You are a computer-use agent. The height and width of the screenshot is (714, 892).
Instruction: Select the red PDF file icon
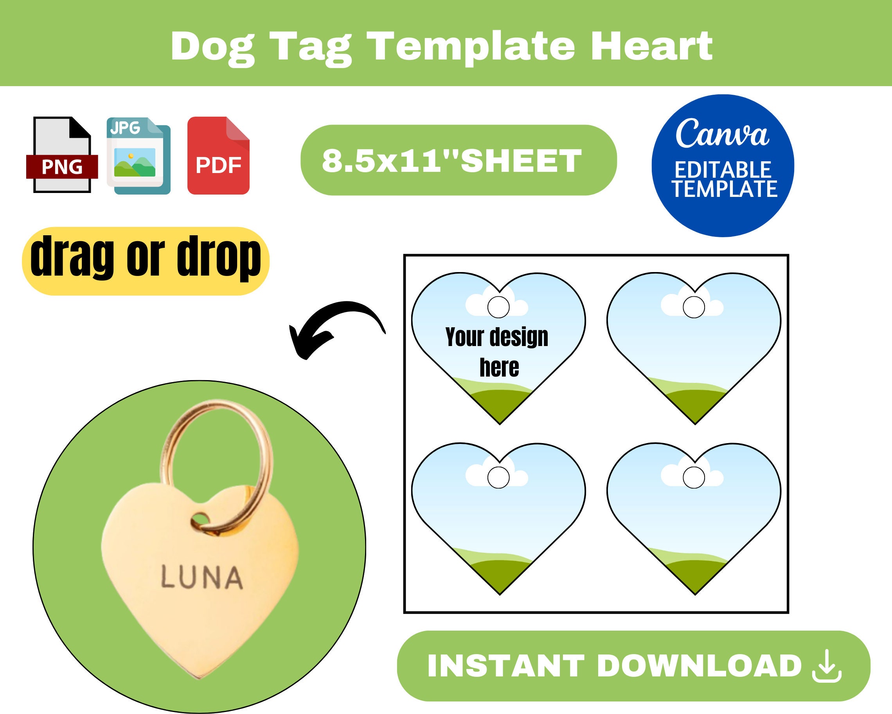click(x=218, y=156)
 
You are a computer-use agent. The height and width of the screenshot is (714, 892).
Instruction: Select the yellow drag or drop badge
click(x=146, y=260)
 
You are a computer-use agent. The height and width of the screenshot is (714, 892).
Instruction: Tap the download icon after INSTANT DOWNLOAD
click(x=827, y=666)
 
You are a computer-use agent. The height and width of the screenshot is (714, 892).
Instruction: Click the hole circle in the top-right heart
click(x=694, y=307)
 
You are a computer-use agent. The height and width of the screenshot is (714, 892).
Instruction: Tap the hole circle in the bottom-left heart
click(x=498, y=477)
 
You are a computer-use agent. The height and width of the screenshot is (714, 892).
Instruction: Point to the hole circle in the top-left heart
click(x=498, y=307)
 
